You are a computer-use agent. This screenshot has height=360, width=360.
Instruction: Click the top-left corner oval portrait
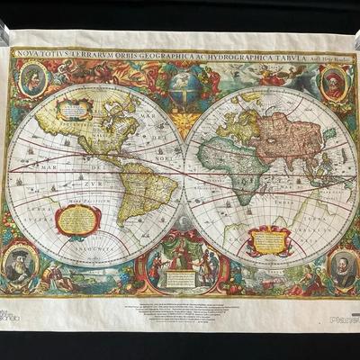click(x=32, y=81)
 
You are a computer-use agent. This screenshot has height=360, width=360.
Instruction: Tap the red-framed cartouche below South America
click(x=78, y=220)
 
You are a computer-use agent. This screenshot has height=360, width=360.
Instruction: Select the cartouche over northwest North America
click(x=73, y=109)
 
